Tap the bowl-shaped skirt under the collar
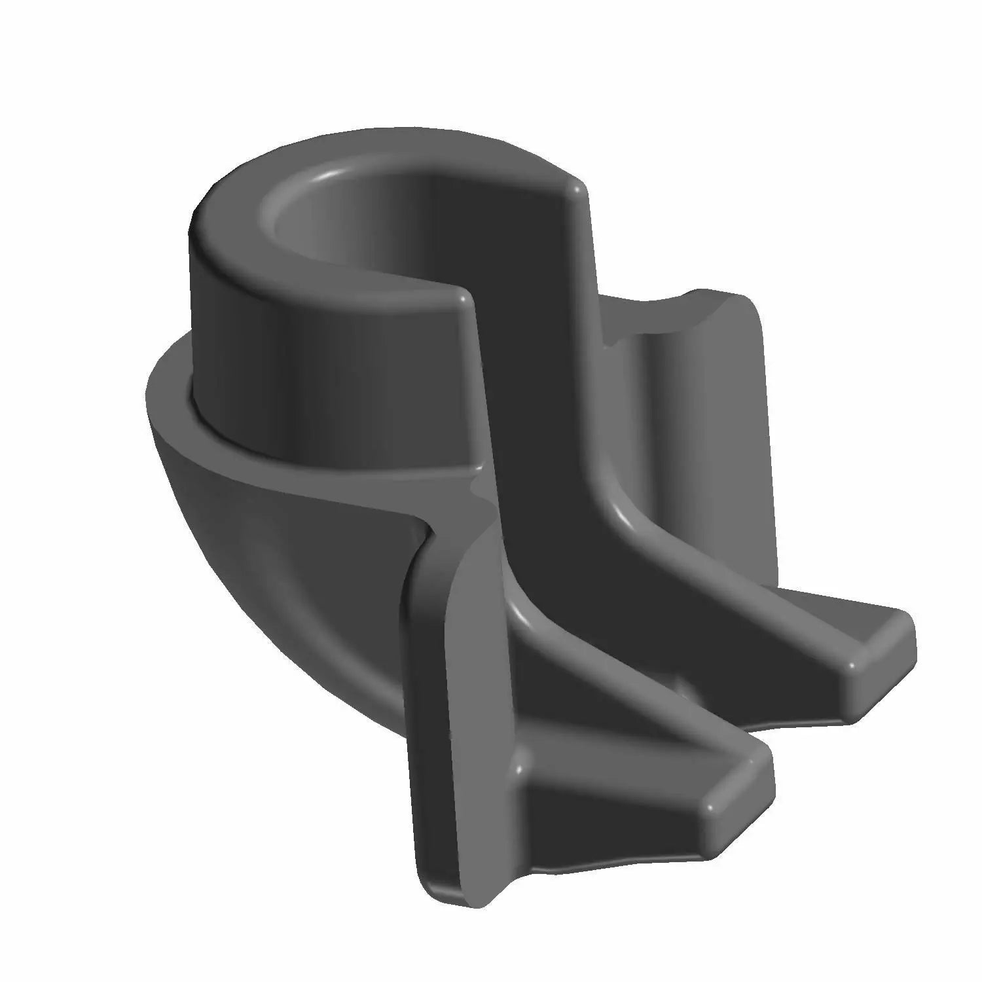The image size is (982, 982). (262, 556)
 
